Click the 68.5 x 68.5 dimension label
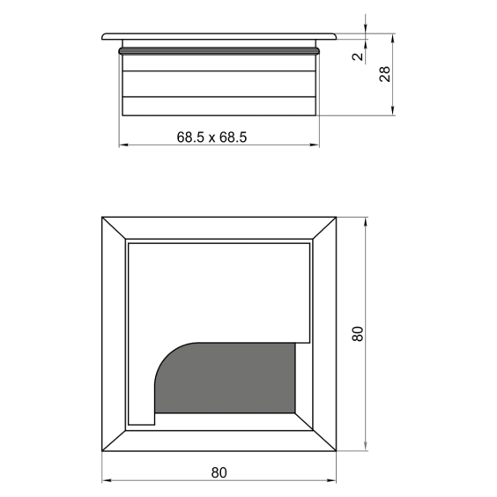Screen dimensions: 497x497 [x=211, y=137]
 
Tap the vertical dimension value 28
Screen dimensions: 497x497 [x=385, y=74]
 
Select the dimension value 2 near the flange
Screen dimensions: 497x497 [x=358, y=56]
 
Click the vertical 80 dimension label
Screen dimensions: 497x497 [x=358, y=333]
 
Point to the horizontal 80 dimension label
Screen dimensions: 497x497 [x=219, y=472]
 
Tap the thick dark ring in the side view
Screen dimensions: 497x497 [x=219, y=51]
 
